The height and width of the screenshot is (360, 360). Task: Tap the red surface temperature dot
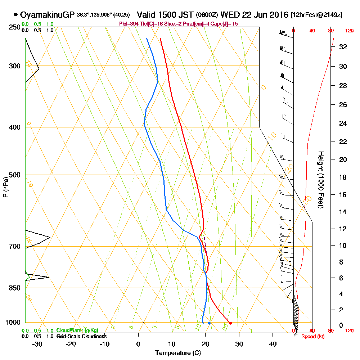pyautogui.click(x=230, y=323)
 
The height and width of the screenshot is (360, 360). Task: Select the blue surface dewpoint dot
pyautogui.click(x=209, y=323)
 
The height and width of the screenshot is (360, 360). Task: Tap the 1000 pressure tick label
pyautogui.click(x=12, y=322)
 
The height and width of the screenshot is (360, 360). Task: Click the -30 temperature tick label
pyautogui.click(x=37, y=344)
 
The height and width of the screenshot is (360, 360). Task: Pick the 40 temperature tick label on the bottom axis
pyautogui.click(x=273, y=344)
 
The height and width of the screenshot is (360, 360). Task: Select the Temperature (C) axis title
pyautogui.click(x=178, y=353)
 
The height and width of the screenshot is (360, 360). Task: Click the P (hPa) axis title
pyautogui.click(x=5, y=187)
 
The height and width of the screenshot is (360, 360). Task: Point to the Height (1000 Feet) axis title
pyautogui.click(x=320, y=180)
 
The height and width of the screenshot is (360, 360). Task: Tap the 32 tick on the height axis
pyautogui.click(x=343, y=47)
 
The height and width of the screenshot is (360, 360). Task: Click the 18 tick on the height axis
pyautogui.click(x=343, y=177)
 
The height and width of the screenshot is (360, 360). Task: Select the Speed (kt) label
pyautogui.click(x=311, y=336)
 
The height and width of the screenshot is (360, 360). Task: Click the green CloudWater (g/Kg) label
pyautogui.click(x=77, y=330)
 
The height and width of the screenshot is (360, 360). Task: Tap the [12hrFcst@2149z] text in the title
pyautogui.click(x=316, y=15)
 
